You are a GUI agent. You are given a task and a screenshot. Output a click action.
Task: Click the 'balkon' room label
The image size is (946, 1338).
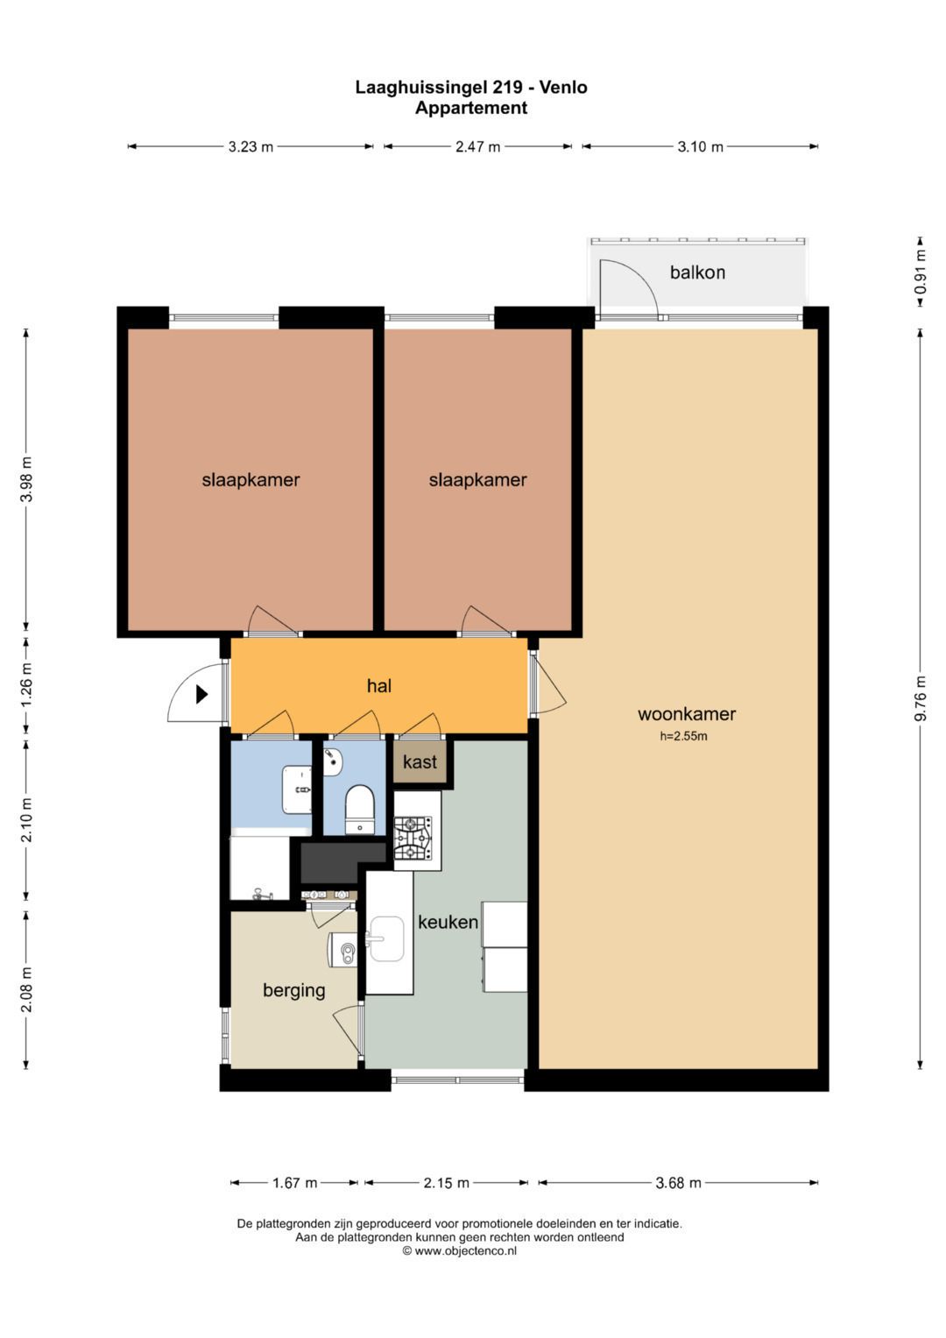[697, 273]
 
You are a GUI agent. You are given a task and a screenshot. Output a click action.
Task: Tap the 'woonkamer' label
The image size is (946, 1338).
[686, 714]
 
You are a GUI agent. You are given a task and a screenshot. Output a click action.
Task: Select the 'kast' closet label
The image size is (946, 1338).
[420, 761]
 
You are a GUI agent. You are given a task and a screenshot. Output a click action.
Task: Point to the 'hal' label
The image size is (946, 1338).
[378, 685]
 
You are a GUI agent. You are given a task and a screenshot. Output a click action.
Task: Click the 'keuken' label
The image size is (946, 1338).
[448, 922]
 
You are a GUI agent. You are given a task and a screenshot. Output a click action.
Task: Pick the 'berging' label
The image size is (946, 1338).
[293, 990]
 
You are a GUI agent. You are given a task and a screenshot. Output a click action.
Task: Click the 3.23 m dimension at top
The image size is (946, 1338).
[251, 146]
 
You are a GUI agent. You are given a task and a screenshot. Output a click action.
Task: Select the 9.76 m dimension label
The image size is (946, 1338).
[921, 698]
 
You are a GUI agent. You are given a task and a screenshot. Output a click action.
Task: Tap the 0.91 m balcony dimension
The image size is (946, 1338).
[921, 272]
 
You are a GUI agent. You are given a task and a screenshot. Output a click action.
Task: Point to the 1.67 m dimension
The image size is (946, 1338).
[294, 1183]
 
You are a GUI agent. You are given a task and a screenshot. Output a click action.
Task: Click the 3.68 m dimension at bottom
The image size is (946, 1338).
[678, 1183]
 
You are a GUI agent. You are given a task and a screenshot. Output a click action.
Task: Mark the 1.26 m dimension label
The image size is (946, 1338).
[26, 685]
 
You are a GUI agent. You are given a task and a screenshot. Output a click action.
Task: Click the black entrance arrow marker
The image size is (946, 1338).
[201, 694]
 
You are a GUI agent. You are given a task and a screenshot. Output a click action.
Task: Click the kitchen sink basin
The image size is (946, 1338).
[386, 939]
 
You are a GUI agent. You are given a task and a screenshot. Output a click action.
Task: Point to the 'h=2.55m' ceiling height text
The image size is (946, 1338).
[683, 737]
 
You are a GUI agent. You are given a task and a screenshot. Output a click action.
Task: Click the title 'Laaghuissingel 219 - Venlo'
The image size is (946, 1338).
[471, 88]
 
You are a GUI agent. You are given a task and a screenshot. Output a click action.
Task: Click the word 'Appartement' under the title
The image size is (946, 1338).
[471, 108]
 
